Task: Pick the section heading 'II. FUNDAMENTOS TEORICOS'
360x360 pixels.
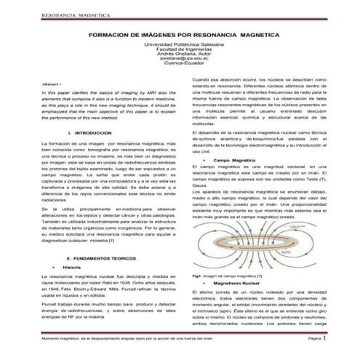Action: [100, 258]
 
